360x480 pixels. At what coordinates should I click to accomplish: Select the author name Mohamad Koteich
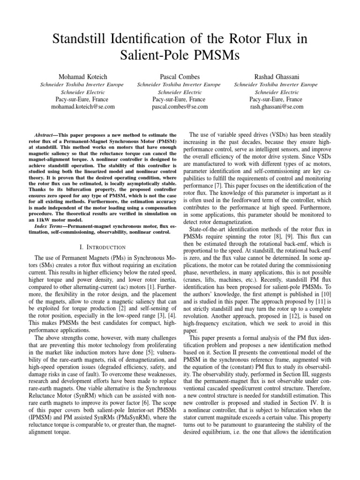coord(82,76)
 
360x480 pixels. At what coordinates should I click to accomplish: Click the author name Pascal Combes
coord(180,76)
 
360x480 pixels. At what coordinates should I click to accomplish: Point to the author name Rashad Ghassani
coord(277,76)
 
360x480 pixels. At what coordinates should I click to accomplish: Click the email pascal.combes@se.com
coord(180,107)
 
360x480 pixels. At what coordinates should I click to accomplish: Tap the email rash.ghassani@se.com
coord(277,107)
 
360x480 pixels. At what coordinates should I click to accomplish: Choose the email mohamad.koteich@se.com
coord(82,107)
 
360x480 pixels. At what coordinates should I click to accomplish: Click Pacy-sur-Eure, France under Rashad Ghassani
coord(277,99)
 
